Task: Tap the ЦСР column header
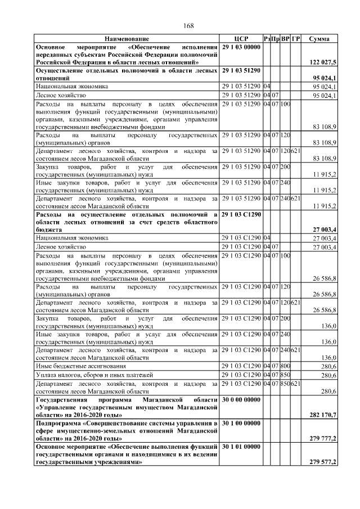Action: point(241,38)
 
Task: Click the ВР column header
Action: point(285,38)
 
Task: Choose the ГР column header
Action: point(296,38)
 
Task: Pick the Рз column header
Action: point(267,38)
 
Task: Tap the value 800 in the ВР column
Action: point(285,366)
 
